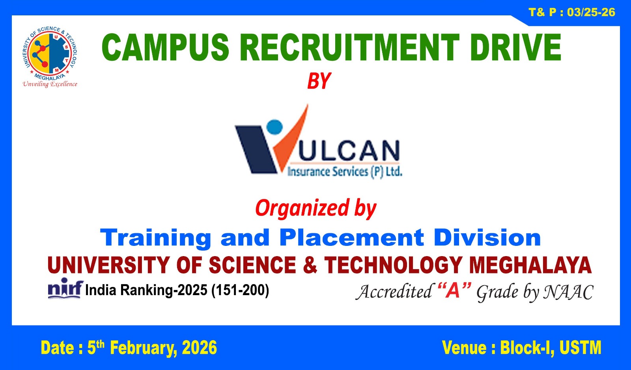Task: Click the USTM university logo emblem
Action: pos(50,53)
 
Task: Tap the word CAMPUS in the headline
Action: pos(165,47)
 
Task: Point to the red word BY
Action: pos(319,82)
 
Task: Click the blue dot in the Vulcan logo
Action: pos(275,127)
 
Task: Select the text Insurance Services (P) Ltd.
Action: pos(345,172)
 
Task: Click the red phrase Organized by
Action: pos(315,208)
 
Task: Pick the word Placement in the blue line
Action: pos(351,238)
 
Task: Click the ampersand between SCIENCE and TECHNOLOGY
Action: pos(310,265)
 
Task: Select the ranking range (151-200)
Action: pos(240,290)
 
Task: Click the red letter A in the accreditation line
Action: pos(454,291)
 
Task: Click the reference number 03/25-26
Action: pos(591,13)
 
